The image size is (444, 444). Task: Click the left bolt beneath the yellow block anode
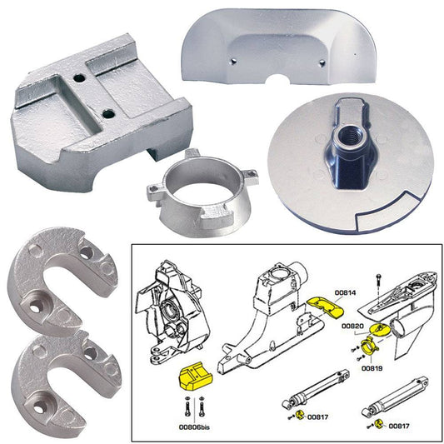point(185,409)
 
